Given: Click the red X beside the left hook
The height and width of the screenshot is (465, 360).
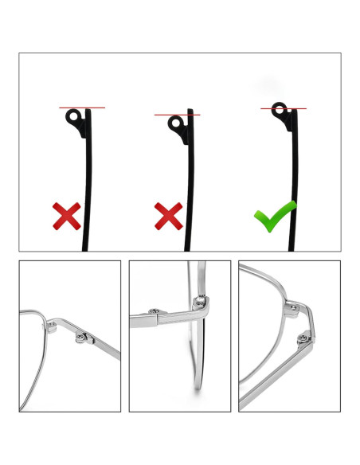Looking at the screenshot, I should [66, 215].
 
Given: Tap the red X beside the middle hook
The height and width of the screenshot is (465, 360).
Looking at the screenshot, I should [167, 215].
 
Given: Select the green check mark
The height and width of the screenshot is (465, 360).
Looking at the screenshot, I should [274, 216].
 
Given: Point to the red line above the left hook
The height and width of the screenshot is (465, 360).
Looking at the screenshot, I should [81, 107].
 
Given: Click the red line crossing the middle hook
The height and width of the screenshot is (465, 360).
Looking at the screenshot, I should [177, 115].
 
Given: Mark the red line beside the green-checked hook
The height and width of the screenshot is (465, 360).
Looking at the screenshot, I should [284, 109].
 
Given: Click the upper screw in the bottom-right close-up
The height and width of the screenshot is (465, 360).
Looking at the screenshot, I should [295, 306].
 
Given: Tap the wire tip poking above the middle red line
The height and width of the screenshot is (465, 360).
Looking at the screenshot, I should [190, 111].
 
